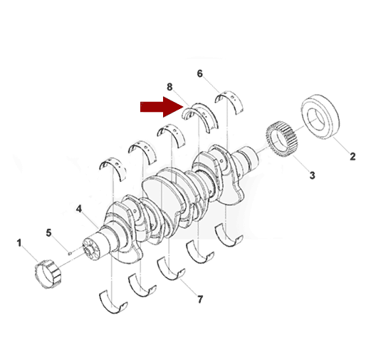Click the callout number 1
[19, 243]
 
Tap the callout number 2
[352, 157]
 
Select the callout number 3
[312, 175]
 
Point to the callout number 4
[79, 209]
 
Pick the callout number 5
[48, 233]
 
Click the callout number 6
[200, 73]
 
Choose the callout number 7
[200, 299]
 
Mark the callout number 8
[169, 87]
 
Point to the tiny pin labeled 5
[70, 253]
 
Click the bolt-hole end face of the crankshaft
[90, 250]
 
